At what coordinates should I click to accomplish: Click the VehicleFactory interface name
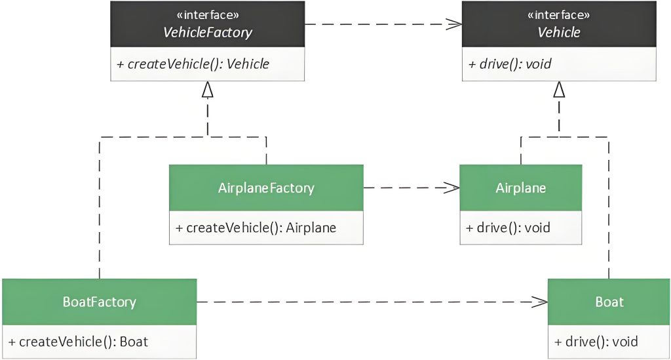pos(208,32)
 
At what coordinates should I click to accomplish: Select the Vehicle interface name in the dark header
pos(559,32)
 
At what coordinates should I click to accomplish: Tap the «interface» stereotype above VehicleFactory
pos(208,15)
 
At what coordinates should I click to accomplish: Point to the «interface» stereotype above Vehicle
pos(559,15)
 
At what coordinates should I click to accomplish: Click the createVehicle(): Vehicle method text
pos(193,64)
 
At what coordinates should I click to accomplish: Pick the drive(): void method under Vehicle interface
pos(510,64)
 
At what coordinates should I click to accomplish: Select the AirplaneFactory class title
pos(266,188)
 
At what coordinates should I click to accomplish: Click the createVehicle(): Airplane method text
pos(256,228)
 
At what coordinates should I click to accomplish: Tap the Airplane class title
pos(521,188)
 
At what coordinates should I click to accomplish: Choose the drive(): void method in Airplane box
pos(508,228)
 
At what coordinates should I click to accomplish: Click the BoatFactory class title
pos(100,302)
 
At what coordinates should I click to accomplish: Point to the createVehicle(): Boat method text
pos(79,342)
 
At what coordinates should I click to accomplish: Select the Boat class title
pos(609,302)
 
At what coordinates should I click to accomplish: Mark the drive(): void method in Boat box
pos(596,342)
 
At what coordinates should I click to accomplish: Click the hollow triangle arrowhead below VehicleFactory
pos(208,89)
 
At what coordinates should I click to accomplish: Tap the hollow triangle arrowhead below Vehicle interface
pos(559,89)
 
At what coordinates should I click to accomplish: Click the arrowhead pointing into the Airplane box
pos(452,188)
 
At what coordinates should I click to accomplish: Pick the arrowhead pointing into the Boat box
pos(540,302)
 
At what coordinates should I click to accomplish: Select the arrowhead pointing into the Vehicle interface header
pos(454,24)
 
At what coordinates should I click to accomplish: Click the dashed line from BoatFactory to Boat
pos(372,302)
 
